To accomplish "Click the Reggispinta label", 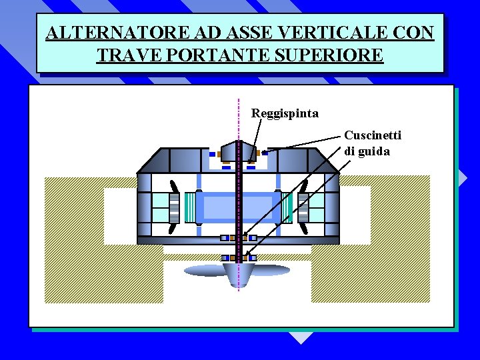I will coord(285,113).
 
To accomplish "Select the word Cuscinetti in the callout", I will coord(373,136).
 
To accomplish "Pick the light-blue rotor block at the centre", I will coord(238,207).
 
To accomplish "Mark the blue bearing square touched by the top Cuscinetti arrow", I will coord(265,153).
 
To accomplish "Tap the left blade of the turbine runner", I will coord(203,270).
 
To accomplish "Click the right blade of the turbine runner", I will coord(272,270).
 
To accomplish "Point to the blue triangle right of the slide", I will coord(462,177).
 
